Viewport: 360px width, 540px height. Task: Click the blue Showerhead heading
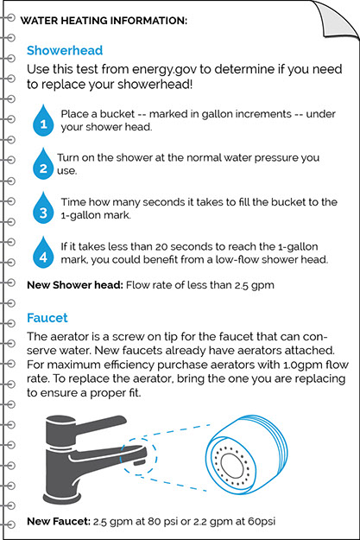click(65, 51)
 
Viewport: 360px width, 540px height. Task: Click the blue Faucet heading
click(47, 318)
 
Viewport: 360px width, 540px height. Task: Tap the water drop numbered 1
click(43, 121)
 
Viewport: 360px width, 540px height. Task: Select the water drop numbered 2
click(43, 164)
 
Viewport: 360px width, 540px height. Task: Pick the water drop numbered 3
click(43, 208)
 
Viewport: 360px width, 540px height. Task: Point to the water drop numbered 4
click(43, 252)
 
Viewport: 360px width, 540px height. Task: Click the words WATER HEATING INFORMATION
click(104, 21)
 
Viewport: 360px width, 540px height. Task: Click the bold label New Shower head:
click(75, 285)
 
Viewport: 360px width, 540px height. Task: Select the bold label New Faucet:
click(59, 521)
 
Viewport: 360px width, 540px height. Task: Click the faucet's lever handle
click(100, 426)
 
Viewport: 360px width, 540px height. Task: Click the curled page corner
click(338, 18)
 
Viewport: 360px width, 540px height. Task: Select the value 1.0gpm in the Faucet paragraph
click(303, 365)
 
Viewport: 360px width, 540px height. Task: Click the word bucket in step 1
click(117, 114)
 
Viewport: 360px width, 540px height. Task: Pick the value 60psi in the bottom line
click(262, 522)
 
